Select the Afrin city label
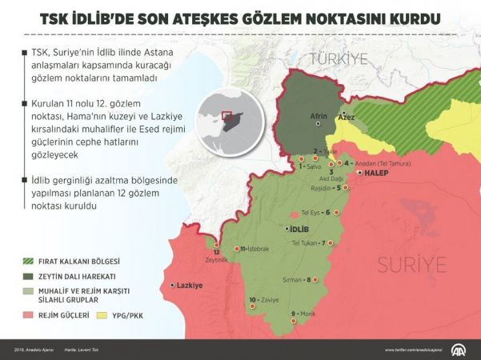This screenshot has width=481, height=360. (x=319, y=117)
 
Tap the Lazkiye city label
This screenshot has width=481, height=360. (x=188, y=285)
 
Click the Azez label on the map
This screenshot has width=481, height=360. (x=347, y=117)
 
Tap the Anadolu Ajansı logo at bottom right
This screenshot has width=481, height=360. (x=461, y=350)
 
